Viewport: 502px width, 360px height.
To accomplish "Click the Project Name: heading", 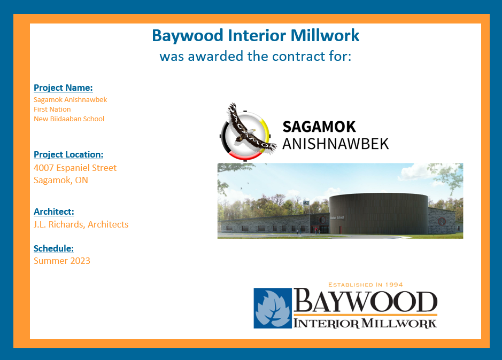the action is tap(63, 88).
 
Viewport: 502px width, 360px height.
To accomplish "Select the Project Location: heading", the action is tap(68, 154).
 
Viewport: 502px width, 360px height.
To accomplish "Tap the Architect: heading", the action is tap(54, 212).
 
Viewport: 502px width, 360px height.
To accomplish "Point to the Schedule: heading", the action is tap(53, 248).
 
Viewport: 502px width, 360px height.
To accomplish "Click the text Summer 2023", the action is tap(62, 261).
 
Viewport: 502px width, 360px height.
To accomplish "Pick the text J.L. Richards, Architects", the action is tap(81, 224).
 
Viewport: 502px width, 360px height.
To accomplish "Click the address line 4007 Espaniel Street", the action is tap(75, 168).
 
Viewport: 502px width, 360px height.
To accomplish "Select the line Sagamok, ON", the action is tap(61, 180).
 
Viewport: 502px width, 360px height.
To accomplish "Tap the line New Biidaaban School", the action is tap(69, 119).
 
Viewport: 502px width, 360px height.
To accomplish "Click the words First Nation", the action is tap(52, 109).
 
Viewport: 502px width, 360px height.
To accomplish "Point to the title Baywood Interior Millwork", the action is tap(256, 36).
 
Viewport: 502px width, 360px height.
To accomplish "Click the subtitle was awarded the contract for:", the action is tap(256, 56).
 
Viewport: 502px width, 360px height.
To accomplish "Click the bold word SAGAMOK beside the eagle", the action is tap(319, 127).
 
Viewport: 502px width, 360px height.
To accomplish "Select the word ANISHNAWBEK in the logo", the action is tap(336, 144).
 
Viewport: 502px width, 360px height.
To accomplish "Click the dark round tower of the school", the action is tap(379, 214).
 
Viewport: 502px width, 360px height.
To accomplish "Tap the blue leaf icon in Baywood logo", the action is tap(273, 308).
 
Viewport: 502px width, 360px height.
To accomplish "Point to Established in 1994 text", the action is tap(365, 285).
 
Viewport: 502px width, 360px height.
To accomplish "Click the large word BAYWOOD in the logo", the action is tap(365, 301).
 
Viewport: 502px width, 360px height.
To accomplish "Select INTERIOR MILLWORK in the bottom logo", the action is tap(365, 323).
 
